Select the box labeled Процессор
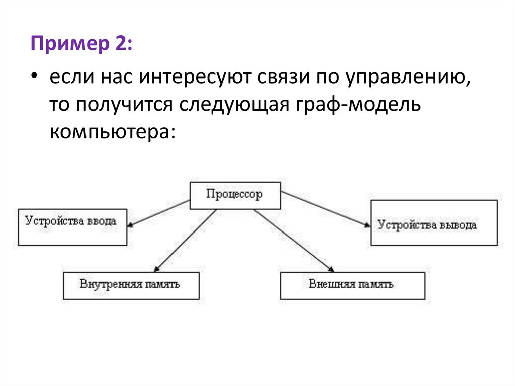click(235, 195)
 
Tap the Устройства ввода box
click(72, 226)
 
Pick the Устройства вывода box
click(434, 223)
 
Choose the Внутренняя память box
click(131, 285)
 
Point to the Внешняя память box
click(352, 285)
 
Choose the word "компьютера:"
click(113, 132)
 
